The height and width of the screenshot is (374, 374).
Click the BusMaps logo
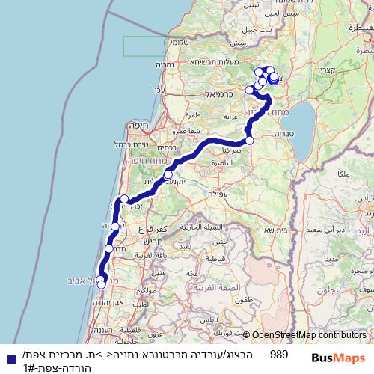pos(342,358)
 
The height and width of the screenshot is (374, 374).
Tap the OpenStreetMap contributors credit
pos(309,336)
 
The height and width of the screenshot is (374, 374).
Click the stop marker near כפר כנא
pos(249,141)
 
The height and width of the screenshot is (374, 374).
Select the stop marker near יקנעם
pos(168,174)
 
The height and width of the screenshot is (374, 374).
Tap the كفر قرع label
pos(159,225)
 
